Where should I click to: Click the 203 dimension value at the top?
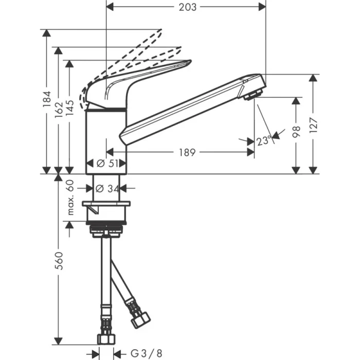(186, 7)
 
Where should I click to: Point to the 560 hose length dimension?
(59, 262)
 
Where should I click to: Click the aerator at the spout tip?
(253, 95)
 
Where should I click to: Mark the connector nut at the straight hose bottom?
(106, 338)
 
